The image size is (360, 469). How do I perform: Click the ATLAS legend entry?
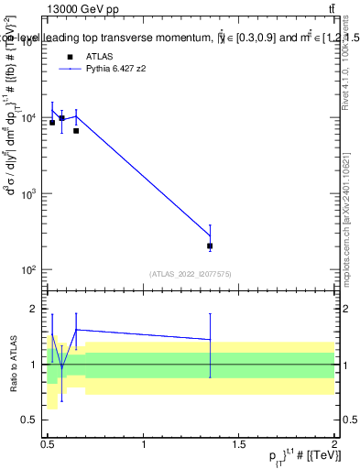point(87,56)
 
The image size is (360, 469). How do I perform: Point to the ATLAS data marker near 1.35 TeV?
point(211,245)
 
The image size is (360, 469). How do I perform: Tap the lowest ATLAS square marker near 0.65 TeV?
point(76,131)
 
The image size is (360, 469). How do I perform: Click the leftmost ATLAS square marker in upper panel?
point(52,123)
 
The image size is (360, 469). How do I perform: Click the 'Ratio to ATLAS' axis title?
point(11,364)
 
